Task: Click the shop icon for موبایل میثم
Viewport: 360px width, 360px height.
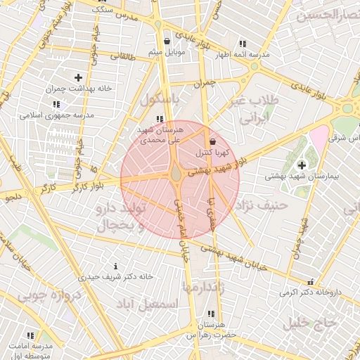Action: point(167,41)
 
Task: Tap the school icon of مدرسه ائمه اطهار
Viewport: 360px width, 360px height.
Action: point(243,43)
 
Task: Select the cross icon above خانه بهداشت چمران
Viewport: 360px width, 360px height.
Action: point(77,77)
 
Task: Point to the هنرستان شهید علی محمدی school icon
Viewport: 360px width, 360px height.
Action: point(160,119)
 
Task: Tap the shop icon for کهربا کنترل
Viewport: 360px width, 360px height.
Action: point(212,141)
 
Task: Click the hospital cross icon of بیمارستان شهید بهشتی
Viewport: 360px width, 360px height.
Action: point(302,165)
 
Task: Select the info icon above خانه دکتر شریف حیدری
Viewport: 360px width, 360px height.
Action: point(115,266)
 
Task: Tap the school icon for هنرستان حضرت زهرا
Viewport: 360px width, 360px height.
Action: point(210,314)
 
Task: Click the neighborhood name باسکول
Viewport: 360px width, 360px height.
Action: point(160,101)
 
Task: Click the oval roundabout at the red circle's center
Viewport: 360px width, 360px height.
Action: point(176,173)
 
